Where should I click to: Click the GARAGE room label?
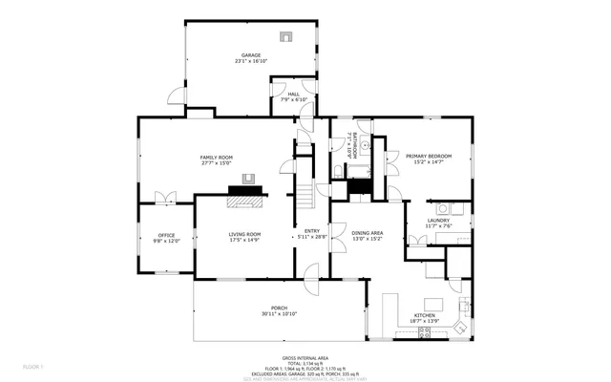[x=251, y=55]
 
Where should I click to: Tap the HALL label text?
[x=294, y=94]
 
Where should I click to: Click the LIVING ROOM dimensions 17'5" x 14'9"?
[x=244, y=241]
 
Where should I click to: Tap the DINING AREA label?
[x=368, y=231]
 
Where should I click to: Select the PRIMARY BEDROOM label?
[x=428, y=156]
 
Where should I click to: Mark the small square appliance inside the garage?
[x=284, y=37]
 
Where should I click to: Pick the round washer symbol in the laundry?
[x=443, y=208]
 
